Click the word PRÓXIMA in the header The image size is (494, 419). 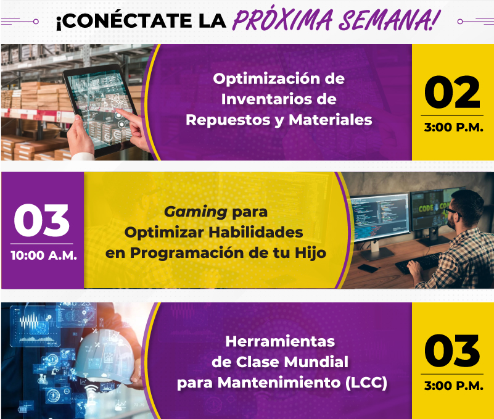[x=282, y=20]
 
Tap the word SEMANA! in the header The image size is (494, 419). [x=389, y=20]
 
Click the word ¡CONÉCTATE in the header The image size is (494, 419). [x=125, y=20]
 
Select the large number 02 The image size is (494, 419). [x=453, y=92]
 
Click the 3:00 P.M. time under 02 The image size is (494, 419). [x=453, y=127]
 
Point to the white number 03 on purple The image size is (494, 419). [x=41, y=220]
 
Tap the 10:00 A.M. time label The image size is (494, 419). [x=44, y=255]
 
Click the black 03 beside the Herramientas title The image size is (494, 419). [x=453, y=351]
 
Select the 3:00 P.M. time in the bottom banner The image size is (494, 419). [x=453, y=386]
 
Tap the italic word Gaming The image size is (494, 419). [x=196, y=212]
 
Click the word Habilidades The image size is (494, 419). [x=256, y=233]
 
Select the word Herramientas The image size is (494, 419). [x=280, y=341]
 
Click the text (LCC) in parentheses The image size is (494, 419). [x=366, y=383]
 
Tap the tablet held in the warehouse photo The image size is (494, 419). [x=101, y=110]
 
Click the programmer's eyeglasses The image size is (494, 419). [x=453, y=212]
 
